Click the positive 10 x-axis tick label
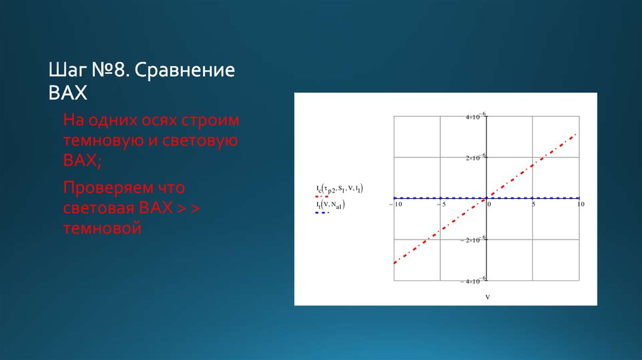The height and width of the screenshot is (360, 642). point(580,204)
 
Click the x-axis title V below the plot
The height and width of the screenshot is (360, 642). point(487,297)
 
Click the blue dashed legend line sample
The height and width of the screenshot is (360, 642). point(322,213)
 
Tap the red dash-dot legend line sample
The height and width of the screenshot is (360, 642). point(322,196)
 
